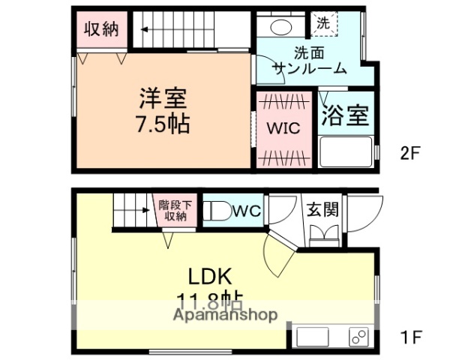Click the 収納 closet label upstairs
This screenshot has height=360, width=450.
click(101, 29)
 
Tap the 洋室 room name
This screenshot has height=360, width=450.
click(162, 98)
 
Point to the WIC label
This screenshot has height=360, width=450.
click(283, 128)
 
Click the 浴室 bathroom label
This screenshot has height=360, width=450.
click(345, 116)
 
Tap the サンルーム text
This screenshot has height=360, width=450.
click(309, 68)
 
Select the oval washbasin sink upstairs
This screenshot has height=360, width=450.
click(280, 27)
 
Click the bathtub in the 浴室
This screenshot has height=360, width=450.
click(345, 151)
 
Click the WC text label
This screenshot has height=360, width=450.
click(246, 211)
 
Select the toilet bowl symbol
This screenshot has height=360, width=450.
click(218, 211)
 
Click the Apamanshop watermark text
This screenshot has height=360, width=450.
click(225, 315)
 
